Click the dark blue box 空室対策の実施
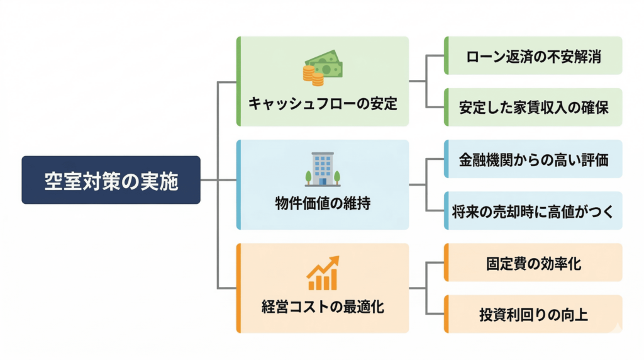111,180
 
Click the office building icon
323,169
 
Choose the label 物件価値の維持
322,205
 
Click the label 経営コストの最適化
322,308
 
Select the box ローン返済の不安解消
533,56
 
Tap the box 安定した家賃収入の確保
533,108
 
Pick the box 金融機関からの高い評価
533,159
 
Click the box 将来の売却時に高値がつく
533,211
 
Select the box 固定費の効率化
533,262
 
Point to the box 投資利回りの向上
533,314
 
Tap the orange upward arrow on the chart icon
331,262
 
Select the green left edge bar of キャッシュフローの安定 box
239,81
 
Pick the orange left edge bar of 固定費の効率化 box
446,262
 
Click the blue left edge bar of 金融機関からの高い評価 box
446,159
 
